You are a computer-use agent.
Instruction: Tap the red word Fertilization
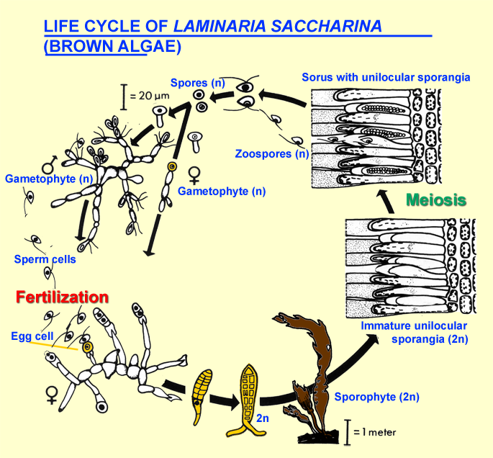[62, 297]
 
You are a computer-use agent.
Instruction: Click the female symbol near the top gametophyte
[193, 173]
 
